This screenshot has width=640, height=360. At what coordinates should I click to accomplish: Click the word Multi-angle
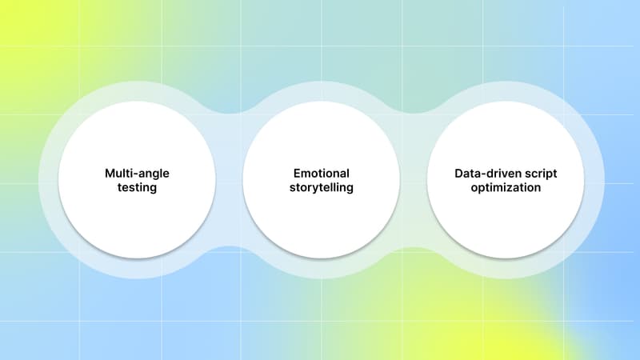[x=138, y=173]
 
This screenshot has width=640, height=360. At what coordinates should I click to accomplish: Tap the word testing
[x=138, y=188]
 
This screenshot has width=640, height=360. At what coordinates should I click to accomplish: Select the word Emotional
[x=321, y=173]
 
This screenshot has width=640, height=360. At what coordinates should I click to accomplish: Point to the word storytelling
[x=321, y=188]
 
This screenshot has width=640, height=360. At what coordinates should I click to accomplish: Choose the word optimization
[x=505, y=188]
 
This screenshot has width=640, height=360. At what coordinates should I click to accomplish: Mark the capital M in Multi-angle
[x=110, y=173]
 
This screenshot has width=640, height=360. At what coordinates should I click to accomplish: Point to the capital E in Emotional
[x=295, y=173]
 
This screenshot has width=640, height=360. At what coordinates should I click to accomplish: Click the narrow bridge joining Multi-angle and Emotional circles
[x=229, y=180]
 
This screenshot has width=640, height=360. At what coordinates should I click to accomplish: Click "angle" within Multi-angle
[x=154, y=174]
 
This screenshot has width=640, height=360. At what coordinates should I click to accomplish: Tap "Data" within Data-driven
[x=447, y=173]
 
